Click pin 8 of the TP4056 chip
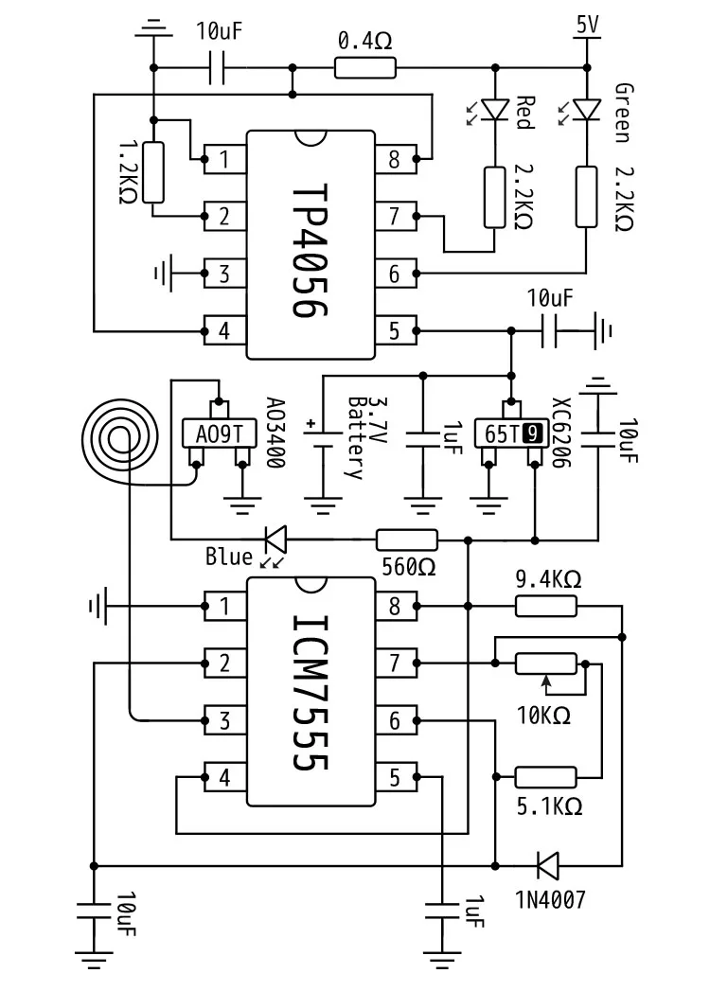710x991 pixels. point(396,159)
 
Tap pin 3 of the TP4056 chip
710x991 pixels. point(224,274)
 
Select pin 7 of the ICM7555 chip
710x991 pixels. point(396,663)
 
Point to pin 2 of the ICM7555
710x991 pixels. point(224,663)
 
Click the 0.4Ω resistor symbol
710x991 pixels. point(364,67)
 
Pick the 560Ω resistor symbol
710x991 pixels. point(406,540)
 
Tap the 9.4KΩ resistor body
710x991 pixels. point(546,606)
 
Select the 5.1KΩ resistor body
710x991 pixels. point(546,777)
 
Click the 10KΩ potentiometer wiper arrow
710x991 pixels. point(547,682)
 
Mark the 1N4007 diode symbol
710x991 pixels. point(547,865)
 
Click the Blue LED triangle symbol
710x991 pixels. point(275,540)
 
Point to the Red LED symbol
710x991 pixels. point(495,110)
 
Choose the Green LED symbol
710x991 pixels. point(587,110)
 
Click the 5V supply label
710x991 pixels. point(587,25)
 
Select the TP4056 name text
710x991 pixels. point(311,251)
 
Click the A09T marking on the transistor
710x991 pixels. point(219,434)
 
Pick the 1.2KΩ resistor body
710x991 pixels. point(153,172)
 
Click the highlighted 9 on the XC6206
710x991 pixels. point(534,434)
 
